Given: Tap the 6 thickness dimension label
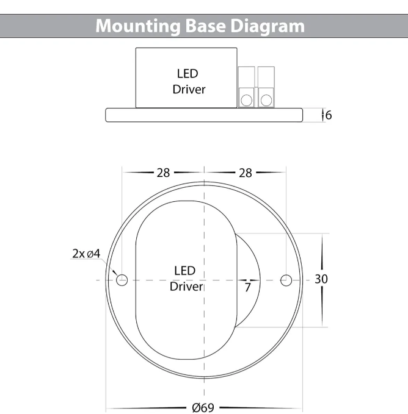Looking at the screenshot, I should (x=328, y=115).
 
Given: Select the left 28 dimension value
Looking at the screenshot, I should (x=162, y=173).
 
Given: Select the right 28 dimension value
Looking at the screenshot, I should (x=245, y=173).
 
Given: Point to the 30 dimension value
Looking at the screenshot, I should (x=322, y=279).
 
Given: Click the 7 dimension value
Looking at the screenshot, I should (x=247, y=287).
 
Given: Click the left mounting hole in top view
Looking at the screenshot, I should (x=122, y=280).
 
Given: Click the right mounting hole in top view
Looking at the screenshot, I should (x=286, y=280).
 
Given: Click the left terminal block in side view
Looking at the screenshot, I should (x=247, y=87).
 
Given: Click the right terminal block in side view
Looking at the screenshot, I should (x=266, y=87).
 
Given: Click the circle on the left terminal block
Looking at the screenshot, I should (x=247, y=99).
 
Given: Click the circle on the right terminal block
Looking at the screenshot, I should (x=266, y=99).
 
